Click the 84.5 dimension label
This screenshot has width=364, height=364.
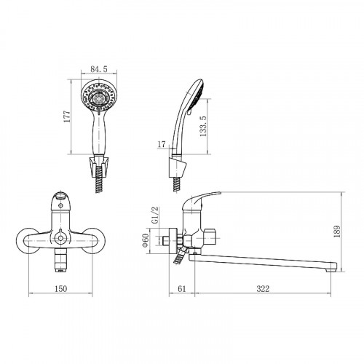[99, 69]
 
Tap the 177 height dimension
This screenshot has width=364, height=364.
[67, 116]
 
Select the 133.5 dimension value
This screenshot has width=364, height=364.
[203, 126]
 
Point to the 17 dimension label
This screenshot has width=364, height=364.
[162, 144]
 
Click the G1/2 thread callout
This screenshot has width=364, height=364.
[154, 215]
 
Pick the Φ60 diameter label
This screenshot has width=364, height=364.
[146, 240]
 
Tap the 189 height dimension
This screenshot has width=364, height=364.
[337, 232]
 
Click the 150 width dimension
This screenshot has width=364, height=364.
[60, 289]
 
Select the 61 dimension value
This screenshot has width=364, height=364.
[182, 289]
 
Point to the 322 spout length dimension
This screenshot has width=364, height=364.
[263, 289]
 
